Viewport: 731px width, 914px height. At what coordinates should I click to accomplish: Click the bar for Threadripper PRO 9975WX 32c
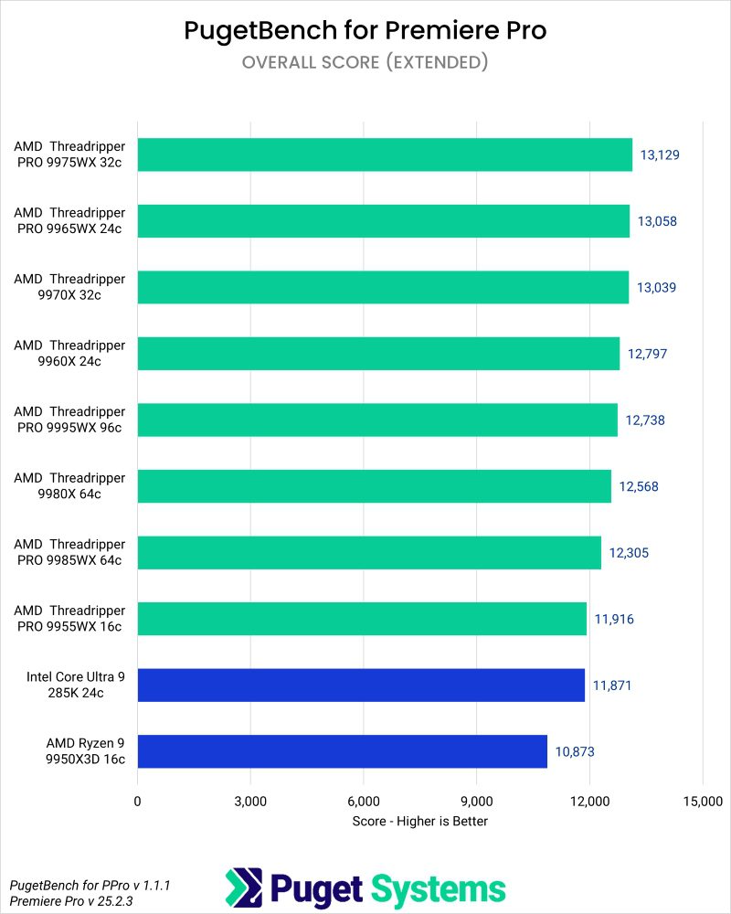pos(385,154)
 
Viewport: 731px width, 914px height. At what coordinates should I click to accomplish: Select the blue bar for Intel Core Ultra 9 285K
pos(361,685)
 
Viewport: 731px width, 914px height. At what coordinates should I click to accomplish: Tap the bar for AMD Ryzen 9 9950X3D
pos(342,751)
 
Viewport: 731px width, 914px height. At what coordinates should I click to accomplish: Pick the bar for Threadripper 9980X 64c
pos(374,486)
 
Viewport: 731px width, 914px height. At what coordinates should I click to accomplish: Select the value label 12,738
pos(645,420)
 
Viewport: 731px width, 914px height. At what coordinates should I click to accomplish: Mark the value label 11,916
pos(614,619)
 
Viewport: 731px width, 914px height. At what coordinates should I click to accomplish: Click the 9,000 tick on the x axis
pos(476,802)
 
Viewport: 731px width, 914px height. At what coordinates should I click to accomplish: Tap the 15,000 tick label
pos(701,802)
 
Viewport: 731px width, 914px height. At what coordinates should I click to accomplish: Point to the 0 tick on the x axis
pos(137,802)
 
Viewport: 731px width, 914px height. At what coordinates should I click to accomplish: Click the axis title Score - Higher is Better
pos(419,821)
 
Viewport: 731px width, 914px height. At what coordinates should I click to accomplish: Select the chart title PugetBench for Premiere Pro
pos(365,30)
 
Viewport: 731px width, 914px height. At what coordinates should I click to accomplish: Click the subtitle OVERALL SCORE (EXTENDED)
pos(365,62)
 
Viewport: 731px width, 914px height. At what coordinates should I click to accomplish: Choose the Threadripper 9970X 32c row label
pos(69,287)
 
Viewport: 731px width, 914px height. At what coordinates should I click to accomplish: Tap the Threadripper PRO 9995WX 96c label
pos(69,420)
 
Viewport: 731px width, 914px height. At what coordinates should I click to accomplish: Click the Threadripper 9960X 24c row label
pos(69,353)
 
